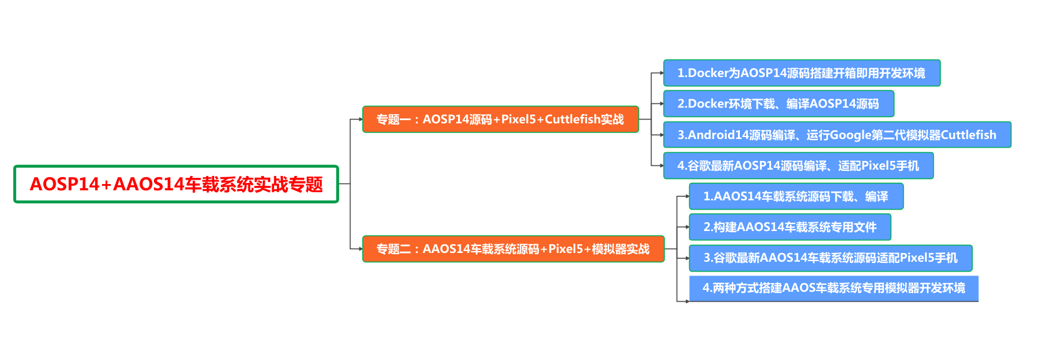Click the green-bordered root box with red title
point(176,184)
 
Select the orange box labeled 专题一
point(500,120)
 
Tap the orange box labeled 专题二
point(513,249)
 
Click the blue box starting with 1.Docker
point(801,73)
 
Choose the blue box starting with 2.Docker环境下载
point(778,104)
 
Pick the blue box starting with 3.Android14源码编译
point(837,135)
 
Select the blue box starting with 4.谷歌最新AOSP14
point(798,166)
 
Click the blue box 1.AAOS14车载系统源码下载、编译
point(796,197)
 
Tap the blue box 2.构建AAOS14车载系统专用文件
point(789,227)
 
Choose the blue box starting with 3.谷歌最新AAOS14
point(830,258)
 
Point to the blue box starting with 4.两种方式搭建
point(833,288)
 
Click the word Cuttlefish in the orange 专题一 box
point(573,120)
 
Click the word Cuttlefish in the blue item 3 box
point(968,135)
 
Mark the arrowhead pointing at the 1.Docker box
point(661,73)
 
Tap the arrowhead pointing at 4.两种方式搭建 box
point(687,301)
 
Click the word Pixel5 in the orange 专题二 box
point(566,249)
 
